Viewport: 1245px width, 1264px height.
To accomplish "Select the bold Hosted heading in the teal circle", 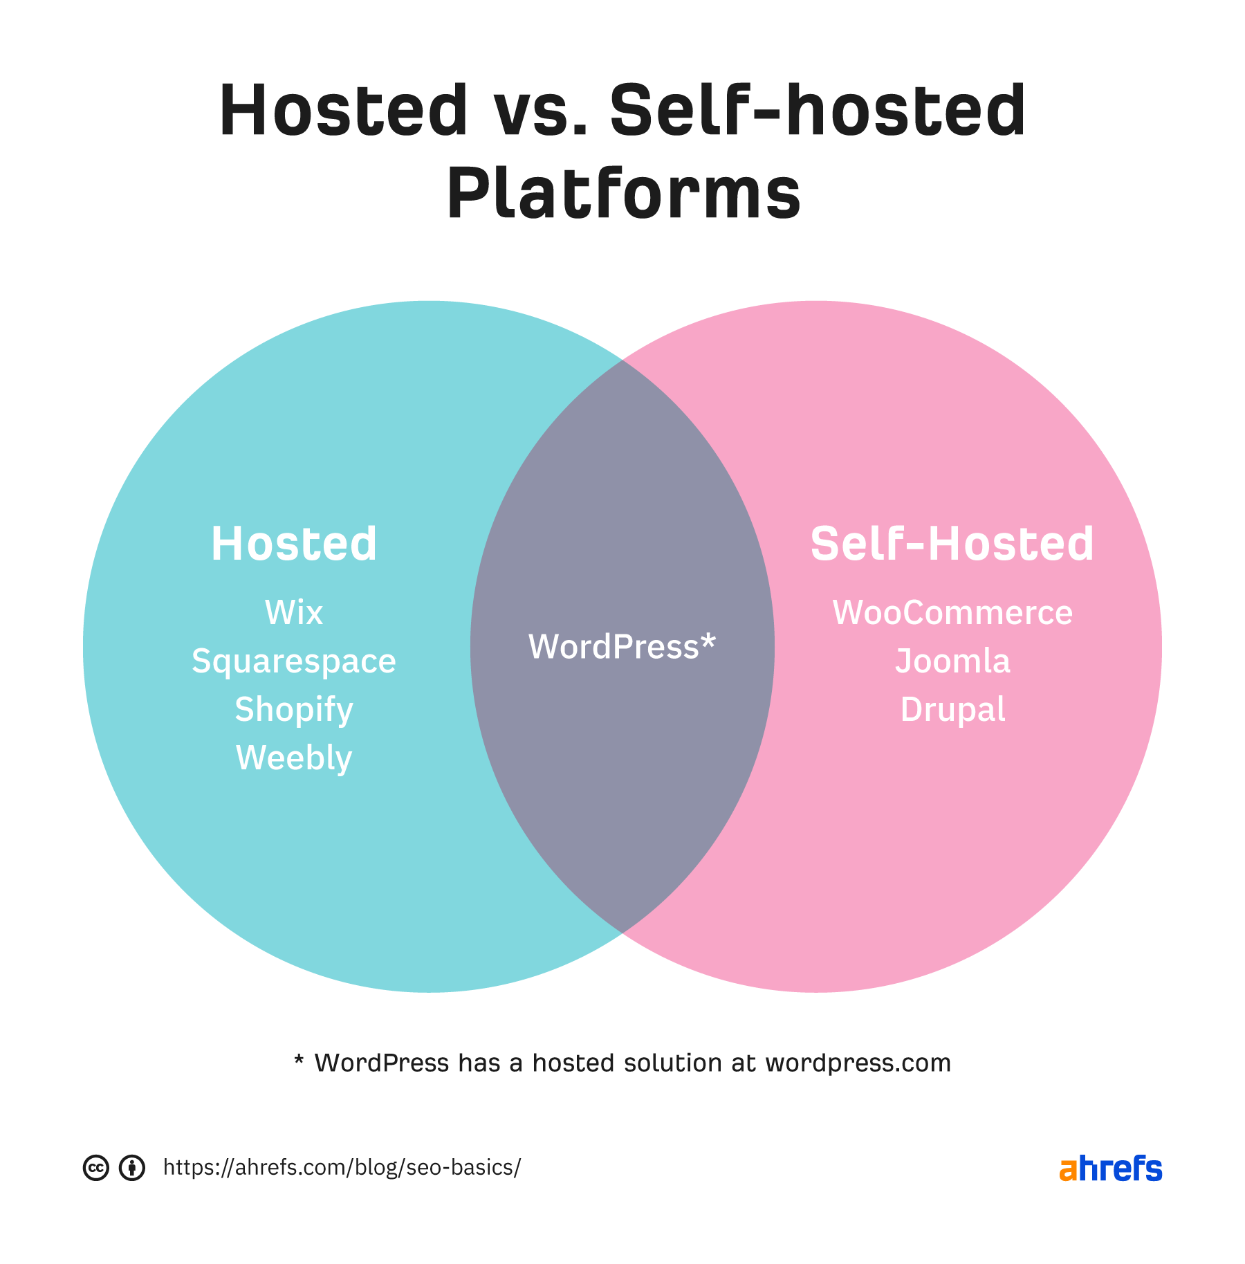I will point(294,544).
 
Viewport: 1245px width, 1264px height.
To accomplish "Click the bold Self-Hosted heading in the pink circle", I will point(952,544).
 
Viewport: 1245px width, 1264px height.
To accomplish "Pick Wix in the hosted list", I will point(294,613).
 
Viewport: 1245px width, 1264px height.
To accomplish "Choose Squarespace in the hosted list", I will point(294,661).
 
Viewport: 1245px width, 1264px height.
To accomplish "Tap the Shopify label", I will point(294,710).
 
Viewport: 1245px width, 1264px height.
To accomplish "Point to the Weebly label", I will point(294,758).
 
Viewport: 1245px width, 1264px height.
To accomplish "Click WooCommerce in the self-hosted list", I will point(952,613).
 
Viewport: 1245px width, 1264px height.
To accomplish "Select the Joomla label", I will point(952,661).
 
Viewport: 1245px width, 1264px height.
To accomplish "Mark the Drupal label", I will point(952,710).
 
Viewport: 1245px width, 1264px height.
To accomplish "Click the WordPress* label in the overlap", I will point(622,647).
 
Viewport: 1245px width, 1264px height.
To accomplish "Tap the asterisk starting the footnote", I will point(299,1060).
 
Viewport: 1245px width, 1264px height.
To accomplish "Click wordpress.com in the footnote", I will point(858,1063).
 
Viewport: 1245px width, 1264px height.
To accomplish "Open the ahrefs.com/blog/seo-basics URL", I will point(342,1168).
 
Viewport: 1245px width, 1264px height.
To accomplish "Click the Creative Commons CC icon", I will point(96,1168).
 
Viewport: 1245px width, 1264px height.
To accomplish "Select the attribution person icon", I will point(132,1168).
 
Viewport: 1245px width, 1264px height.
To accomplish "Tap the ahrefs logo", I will point(1111,1168).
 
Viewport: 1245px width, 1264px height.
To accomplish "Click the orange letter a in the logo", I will point(1068,1170).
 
